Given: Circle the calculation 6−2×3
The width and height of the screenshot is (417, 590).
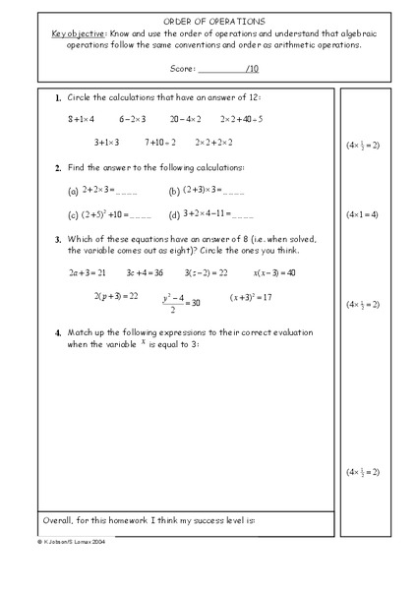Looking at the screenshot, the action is pyautogui.click(x=133, y=119).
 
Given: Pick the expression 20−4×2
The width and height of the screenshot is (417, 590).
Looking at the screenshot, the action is pyautogui.click(x=185, y=119).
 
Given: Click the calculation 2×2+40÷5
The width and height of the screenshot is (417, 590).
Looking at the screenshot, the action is pyautogui.click(x=241, y=119).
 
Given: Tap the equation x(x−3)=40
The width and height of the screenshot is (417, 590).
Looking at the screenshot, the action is pyautogui.click(x=274, y=272).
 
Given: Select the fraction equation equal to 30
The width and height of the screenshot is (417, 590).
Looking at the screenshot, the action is pyautogui.click(x=179, y=301).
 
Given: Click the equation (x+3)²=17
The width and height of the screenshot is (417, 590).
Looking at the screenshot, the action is pyautogui.click(x=251, y=297).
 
